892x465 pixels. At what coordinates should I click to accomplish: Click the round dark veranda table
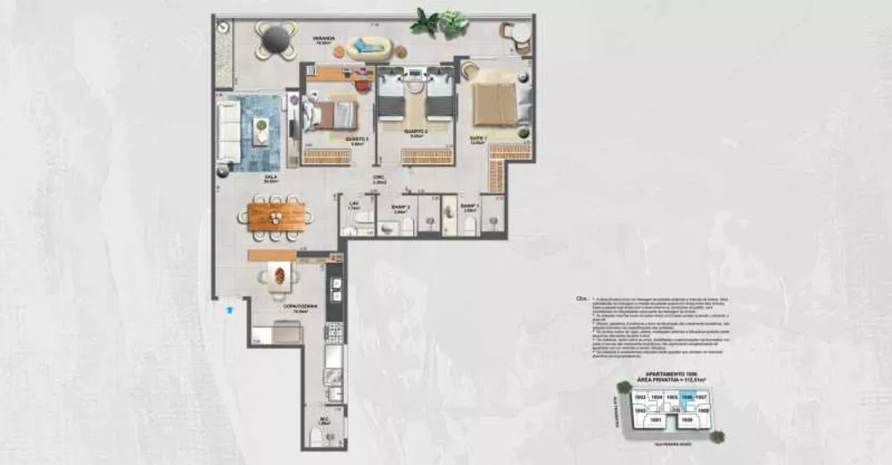pos(276,38)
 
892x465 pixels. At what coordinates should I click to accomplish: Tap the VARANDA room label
pos(324,39)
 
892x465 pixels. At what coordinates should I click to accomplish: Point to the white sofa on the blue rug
pos(229,132)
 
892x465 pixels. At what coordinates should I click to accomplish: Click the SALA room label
pos(269,178)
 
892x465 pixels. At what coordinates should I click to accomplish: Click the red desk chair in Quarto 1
pos(362,86)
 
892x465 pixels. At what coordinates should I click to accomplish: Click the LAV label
pos(353,203)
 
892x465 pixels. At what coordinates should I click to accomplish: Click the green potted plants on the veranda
pos(440,21)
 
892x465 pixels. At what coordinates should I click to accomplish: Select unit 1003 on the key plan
pos(639,397)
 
